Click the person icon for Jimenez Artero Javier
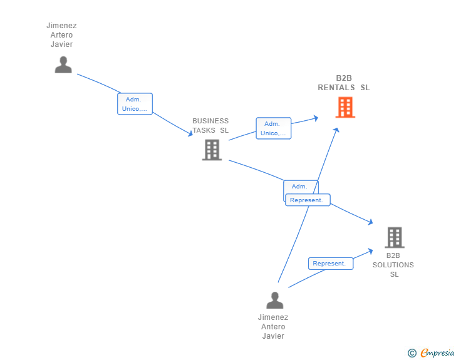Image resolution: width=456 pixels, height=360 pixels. click(63, 64)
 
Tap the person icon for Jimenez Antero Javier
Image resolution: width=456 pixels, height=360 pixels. click(274, 300)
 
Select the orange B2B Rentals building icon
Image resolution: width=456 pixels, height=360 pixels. click(345, 107)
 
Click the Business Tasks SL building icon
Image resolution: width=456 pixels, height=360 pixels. click(212, 150)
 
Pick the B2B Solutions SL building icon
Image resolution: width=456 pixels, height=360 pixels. click(395, 237)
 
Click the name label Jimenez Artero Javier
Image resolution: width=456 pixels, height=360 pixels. click(61, 35)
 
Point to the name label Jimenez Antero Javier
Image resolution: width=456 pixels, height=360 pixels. click(273, 327)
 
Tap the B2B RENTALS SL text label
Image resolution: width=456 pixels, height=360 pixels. click(344, 83)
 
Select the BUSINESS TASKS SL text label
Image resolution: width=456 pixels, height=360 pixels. click(210, 126)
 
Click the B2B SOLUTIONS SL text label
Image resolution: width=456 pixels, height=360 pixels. click(393, 265)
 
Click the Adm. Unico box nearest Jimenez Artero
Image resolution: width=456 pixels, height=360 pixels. click(135, 104)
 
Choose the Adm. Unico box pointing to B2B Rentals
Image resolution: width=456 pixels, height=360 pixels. click(274, 128)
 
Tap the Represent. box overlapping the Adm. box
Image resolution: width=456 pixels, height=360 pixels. click(308, 200)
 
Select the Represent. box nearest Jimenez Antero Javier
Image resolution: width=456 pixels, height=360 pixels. click(331, 264)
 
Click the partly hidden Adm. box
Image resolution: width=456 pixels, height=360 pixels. click(301, 187)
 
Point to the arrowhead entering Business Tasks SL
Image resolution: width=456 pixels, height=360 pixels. click(190, 133)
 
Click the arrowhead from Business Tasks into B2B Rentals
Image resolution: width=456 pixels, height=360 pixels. click(316, 118)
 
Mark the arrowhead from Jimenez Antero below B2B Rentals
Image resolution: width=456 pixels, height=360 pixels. click(336, 130)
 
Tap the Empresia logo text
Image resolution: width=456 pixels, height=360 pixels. click(437, 352)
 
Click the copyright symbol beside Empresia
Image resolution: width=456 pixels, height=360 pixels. click(412, 353)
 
